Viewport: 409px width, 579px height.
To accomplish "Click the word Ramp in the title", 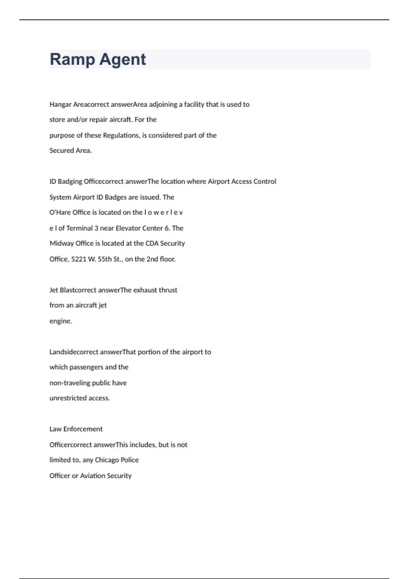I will (x=72, y=60).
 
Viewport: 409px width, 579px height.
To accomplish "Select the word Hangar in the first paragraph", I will (x=60, y=105).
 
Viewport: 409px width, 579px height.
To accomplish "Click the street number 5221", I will (x=78, y=259).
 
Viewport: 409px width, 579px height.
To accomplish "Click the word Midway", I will (x=60, y=244).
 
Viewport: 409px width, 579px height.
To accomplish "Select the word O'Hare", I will (x=60, y=213).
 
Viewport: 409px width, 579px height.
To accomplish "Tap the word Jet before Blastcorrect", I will (x=54, y=290).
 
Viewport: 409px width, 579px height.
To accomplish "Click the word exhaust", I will (x=145, y=290).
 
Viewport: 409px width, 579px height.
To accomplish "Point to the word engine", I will (x=60, y=321).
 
